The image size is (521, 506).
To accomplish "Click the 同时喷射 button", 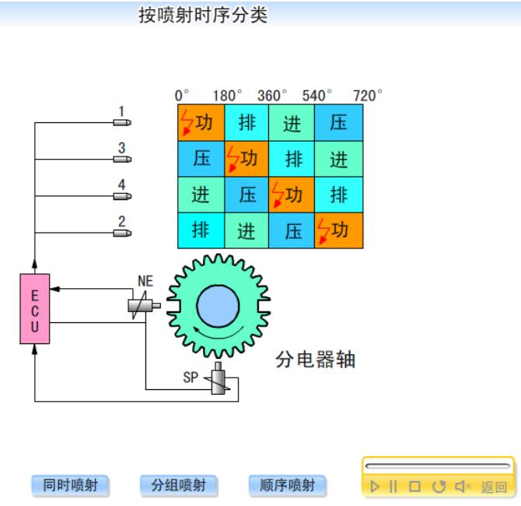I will (x=70, y=486).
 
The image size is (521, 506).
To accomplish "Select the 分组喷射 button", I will (x=178, y=486).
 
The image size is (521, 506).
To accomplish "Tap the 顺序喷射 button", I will (x=287, y=486).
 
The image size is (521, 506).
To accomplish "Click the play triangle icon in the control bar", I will (x=375, y=487).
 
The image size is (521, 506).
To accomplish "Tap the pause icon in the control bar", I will (x=393, y=487).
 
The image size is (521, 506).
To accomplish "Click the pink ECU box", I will (x=34, y=308).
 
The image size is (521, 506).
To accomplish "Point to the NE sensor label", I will (x=145, y=281).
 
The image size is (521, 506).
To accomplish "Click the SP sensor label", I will (x=191, y=378).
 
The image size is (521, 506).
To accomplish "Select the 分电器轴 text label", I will (x=315, y=360).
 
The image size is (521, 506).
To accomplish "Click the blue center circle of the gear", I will (x=218, y=306).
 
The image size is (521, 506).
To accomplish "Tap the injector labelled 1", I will (x=122, y=122).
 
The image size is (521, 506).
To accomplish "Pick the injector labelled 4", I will (x=122, y=195).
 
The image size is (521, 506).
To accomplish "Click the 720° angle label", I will (x=368, y=96).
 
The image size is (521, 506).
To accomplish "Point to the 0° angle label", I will (x=183, y=96).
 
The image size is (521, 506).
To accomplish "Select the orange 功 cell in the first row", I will (x=201, y=123).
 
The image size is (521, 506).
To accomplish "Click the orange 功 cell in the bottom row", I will (x=338, y=230).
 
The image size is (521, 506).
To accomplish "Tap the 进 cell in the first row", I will (x=292, y=123).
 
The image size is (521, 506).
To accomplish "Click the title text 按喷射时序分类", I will (x=203, y=16).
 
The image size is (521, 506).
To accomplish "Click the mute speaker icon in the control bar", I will (x=463, y=487).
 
